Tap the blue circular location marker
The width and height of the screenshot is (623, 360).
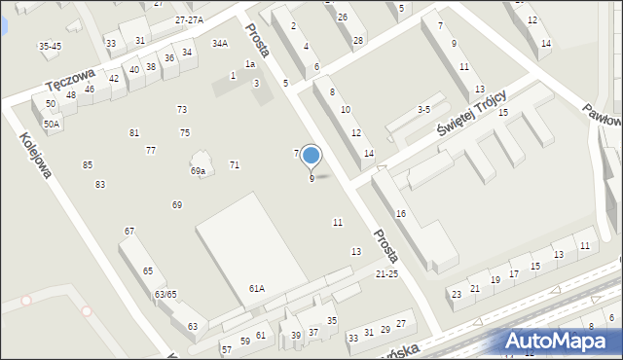(311, 155)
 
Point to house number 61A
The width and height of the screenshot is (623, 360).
(256, 288)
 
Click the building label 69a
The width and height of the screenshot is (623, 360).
(198, 171)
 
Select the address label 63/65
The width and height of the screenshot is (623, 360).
(165, 294)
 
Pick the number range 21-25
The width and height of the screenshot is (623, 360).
(386, 274)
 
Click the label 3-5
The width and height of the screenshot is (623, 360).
(422, 110)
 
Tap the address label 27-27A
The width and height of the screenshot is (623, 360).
(189, 19)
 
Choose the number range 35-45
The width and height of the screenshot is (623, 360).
(50, 46)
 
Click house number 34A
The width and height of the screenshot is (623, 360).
(220, 43)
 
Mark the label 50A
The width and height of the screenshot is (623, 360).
(51, 124)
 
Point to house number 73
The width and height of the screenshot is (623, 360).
(182, 109)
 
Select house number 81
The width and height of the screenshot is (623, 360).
(134, 132)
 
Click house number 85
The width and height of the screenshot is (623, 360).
(88, 164)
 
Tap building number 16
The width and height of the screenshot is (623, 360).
(400, 213)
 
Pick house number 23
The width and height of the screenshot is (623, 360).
(456, 294)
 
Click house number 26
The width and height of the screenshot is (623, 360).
(342, 18)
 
